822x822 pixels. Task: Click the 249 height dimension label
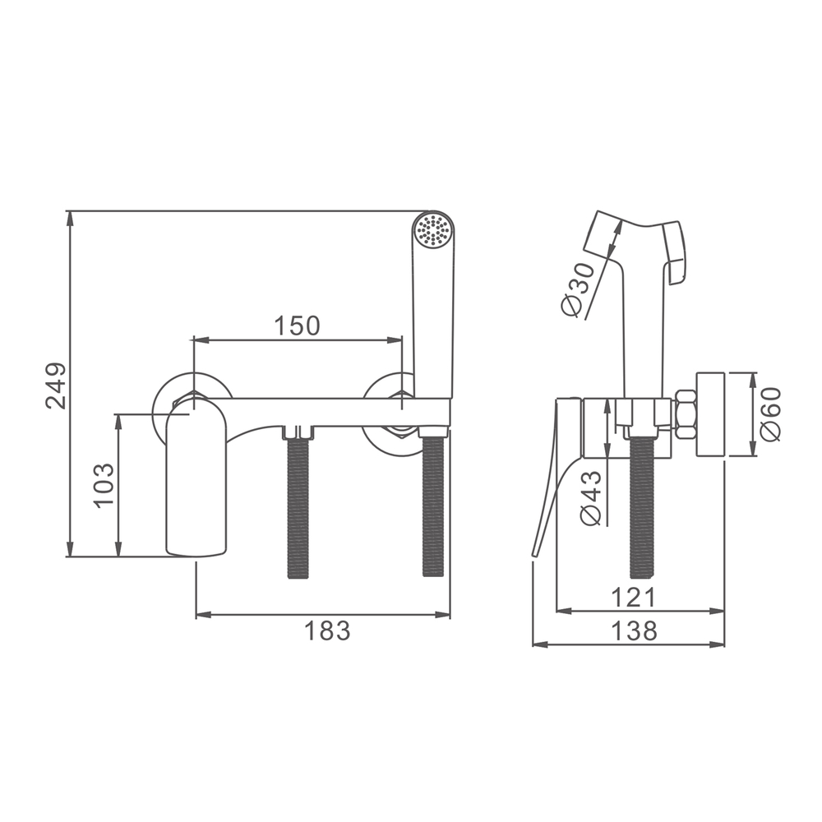click(56, 386)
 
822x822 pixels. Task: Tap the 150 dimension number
click(298, 326)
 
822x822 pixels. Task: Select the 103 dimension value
click(104, 485)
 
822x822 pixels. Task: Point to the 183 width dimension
click(327, 630)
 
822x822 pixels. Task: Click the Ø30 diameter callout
click(578, 290)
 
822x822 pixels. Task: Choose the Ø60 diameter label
click(770, 414)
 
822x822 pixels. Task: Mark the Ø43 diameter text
click(591, 498)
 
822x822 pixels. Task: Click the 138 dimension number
click(635, 630)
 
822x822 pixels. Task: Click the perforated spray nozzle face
click(432, 230)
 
